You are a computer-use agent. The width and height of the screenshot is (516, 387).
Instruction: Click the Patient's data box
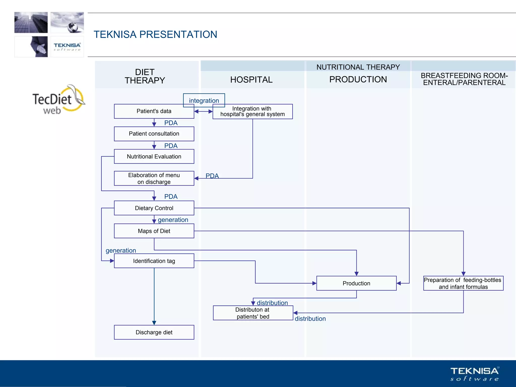pos(154,111)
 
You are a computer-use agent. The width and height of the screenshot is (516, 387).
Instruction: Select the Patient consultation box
pos(154,134)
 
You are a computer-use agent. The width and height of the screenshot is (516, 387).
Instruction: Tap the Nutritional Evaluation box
pos(154,156)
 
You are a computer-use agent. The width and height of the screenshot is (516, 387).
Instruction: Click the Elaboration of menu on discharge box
pos(154,178)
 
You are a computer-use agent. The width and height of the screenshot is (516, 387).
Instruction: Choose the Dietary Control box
pos(154,208)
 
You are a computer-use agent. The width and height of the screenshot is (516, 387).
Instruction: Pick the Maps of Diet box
pos(154,231)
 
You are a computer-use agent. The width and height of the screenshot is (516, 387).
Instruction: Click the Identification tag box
pos(154,261)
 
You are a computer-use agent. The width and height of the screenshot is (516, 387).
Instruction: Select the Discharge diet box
pos(154,332)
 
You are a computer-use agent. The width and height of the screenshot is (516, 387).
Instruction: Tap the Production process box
pos(356,283)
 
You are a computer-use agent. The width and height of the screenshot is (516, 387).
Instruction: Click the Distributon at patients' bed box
pos(253,313)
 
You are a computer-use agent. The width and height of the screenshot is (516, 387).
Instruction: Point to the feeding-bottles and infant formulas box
pos(463,283)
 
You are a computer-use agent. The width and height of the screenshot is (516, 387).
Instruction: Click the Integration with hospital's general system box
pos(252,112)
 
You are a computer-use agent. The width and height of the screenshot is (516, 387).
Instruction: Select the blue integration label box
pos(204,100)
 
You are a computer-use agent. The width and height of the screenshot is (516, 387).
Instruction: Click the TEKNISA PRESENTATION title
pos(155,35)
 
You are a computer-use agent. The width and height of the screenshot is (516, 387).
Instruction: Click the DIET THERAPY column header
pos(145,76)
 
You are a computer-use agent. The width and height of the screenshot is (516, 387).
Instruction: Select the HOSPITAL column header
pos(251,80)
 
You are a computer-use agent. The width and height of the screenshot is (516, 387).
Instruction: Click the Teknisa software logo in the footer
pos(474,374)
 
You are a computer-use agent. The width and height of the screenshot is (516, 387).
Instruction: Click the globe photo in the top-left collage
pos(67,22)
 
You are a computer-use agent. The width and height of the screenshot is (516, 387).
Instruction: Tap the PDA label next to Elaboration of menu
pos(212,176)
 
